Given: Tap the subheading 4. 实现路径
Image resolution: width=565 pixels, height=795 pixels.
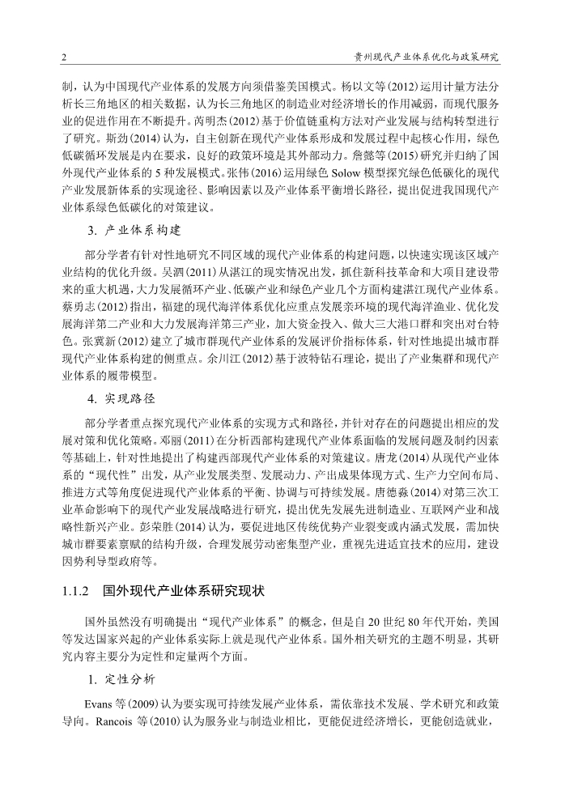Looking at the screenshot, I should pos(121,400).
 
